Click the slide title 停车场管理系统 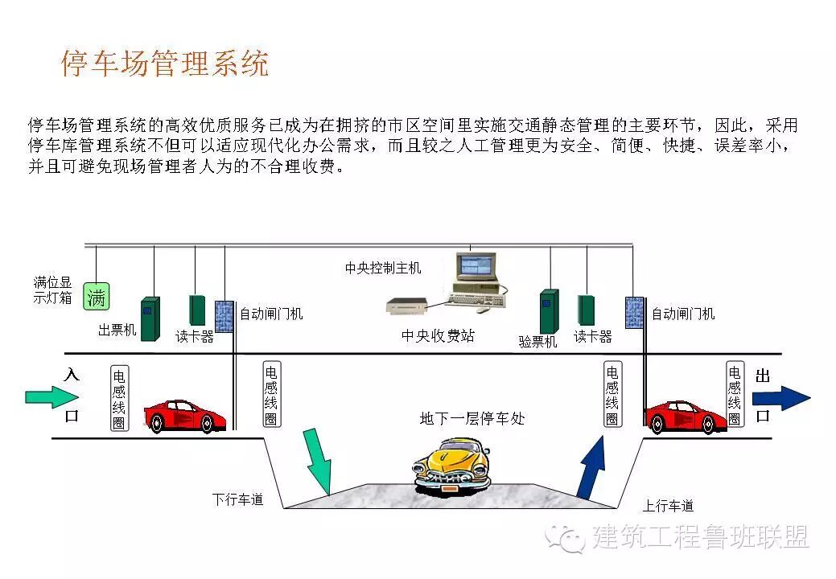click(x=165, y=64)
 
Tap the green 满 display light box click(x=96, y=297)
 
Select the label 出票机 click(x=117, y=331)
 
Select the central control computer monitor click(x=475, y=273)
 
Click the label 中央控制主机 click(x=383, y=268)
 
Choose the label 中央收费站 click(x=438, y=335)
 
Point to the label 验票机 click(x=537, y=341)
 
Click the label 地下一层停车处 click(x=472, y=418)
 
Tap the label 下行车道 click(x=238, y=499)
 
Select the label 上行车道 click(x=668, y=506)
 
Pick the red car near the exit click(x=686, y=417)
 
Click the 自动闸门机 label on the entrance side click(x=271, y=314)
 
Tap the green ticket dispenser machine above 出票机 click(x=150, y=318)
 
